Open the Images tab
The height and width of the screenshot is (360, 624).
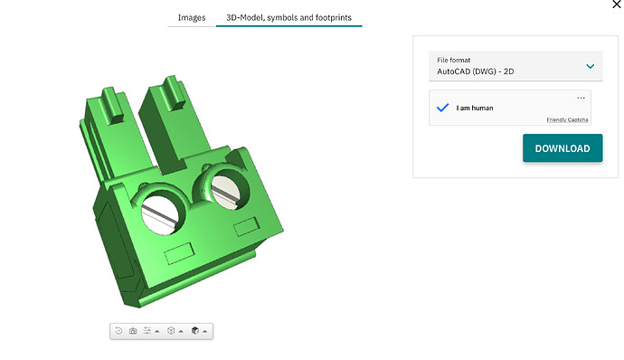pyautogui.click(x=192, y=17)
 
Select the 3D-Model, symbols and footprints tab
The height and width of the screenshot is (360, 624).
pyautogui.click(x=288, y=17)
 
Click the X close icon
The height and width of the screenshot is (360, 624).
pyautogui.click(x=617, y=5)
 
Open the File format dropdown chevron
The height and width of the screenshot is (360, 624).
pyautogui.click(x=591, y=66)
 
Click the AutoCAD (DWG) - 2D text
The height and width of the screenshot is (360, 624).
pyautogui.click(x=475, y=71)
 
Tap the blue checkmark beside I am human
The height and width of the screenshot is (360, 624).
pyautogui.click(x=442, y=108)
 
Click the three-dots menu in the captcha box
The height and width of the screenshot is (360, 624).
pyautogui.click(x=581, y=98)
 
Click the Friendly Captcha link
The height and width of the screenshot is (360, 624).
pyautogui.click(x=567, y=120)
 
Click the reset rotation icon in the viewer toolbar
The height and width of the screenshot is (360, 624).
pyautogui.click(x=118, y=330)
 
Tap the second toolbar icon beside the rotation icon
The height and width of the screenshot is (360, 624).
pyautogui.click(x=133, y=330)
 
